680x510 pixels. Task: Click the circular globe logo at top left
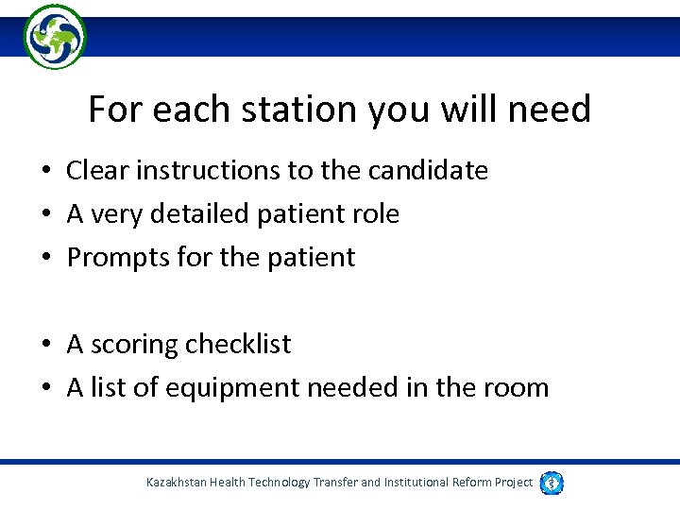(x=55, y=37)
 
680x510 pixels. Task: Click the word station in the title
(x=296, y=110)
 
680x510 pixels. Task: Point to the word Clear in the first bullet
(x=96, y=171)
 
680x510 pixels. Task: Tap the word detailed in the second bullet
(x=209, y=214)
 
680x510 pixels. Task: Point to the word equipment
(x=226, y=387)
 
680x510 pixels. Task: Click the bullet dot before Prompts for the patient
(x=45, y=258)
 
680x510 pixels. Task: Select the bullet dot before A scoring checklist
(x=45, y=346)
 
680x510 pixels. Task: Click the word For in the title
(x=112, y=110)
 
